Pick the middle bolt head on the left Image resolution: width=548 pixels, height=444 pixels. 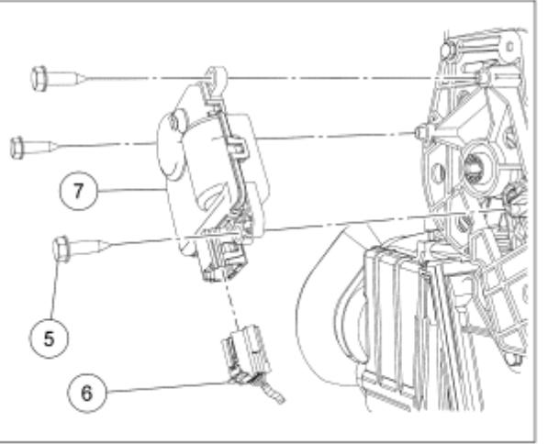pos(17,145)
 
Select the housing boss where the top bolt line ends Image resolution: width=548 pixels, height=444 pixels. pos(480,78)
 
